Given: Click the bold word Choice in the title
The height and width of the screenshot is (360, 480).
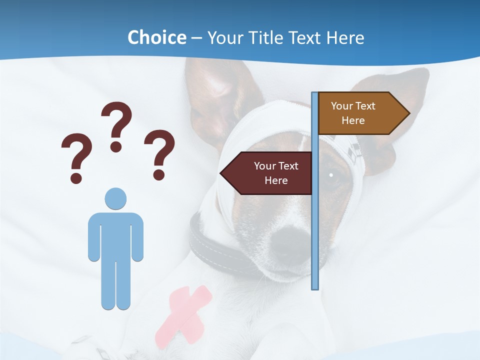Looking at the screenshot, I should coord(156,38).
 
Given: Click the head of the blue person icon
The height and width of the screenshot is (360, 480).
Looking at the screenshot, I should coord(115,198).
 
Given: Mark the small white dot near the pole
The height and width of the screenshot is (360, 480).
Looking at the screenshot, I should coord(331,175).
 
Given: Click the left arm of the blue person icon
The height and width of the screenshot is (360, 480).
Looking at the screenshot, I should coord(94,237).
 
